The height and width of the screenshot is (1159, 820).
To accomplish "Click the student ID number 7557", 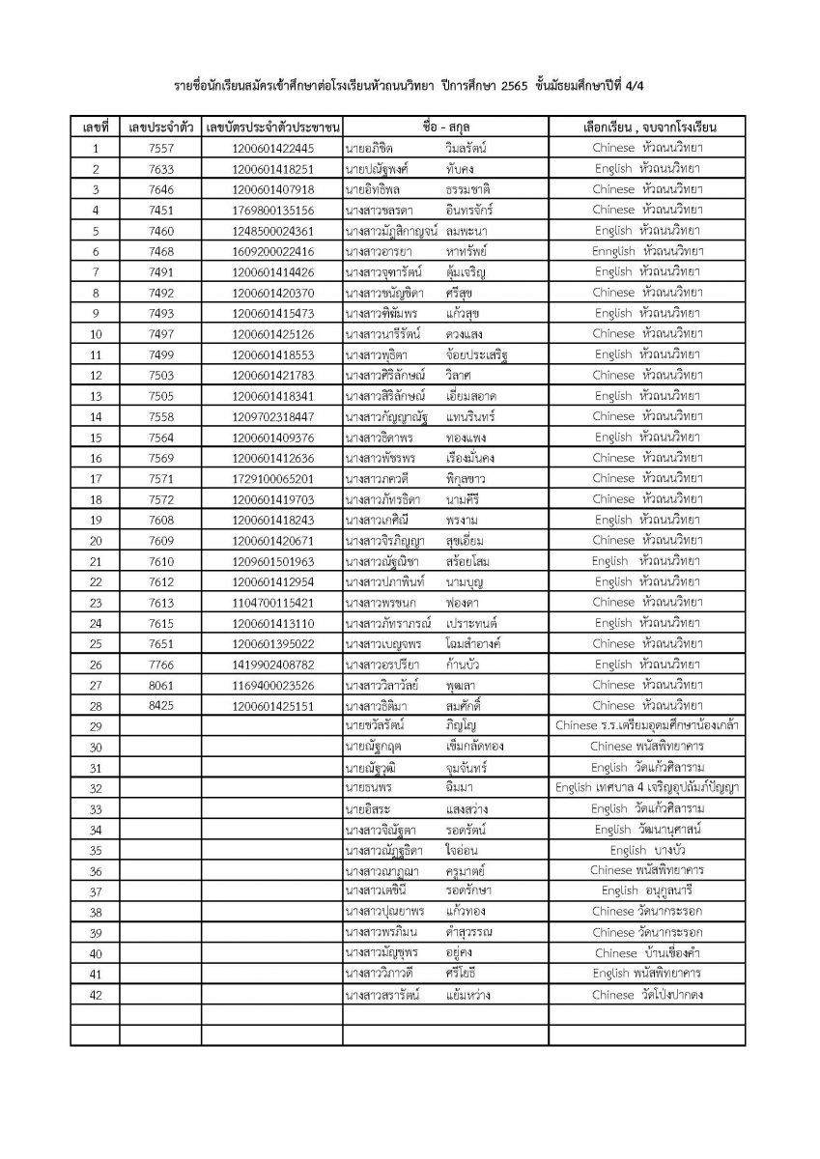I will tap(156, 149).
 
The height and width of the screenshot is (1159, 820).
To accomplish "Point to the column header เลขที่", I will tap(95, 127).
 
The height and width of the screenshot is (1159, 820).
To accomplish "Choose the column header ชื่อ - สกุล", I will tap(445, 127).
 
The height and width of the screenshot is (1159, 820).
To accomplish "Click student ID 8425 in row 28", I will tap(156, 705).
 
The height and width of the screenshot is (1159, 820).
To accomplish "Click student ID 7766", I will tap(156, 664).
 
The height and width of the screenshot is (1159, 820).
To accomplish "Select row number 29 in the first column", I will tap(95, 726).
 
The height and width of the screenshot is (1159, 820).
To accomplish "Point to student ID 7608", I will tap(156, 520).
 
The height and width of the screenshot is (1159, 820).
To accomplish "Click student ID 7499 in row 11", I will tap(156, 354).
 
